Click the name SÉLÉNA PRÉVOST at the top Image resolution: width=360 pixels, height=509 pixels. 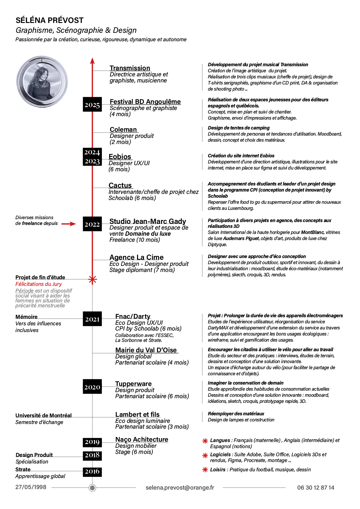(50, 20)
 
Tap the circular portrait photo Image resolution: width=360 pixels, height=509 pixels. (42, 82)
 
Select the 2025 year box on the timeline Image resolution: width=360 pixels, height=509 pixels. (92, 105)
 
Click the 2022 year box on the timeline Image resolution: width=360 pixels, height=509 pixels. (92, 224)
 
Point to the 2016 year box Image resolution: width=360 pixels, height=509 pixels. (92, 472)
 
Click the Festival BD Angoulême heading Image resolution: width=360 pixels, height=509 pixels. (145, 102)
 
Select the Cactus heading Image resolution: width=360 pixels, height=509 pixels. (120, 185)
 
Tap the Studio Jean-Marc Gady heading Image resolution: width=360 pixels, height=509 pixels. (147, 221)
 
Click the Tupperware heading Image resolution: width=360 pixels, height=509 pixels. (134, 384)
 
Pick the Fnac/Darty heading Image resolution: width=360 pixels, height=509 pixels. (133, 316)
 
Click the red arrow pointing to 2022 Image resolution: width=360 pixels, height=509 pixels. (69, 224)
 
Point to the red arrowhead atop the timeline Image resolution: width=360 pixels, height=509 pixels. (92, 61)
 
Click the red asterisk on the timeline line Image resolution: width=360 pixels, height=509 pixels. (92, 279)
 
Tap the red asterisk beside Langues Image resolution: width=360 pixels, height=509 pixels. (205, 441)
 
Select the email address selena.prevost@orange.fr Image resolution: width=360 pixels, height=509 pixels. (180, 488)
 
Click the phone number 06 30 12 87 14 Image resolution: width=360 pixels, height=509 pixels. (316, 488)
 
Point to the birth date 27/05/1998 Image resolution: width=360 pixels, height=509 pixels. (31, 487)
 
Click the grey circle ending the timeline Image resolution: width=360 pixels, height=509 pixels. (92, 488)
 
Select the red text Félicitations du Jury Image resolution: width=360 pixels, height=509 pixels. (39, 284)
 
